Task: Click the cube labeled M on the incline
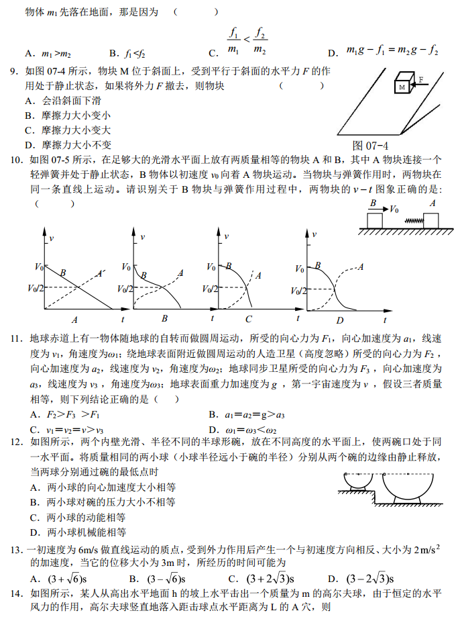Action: pos(403,83)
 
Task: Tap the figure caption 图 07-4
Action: pos(371,146)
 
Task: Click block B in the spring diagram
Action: pos(373,220)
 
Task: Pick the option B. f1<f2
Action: pos(127,53)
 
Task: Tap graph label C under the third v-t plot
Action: pos(248,320)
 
